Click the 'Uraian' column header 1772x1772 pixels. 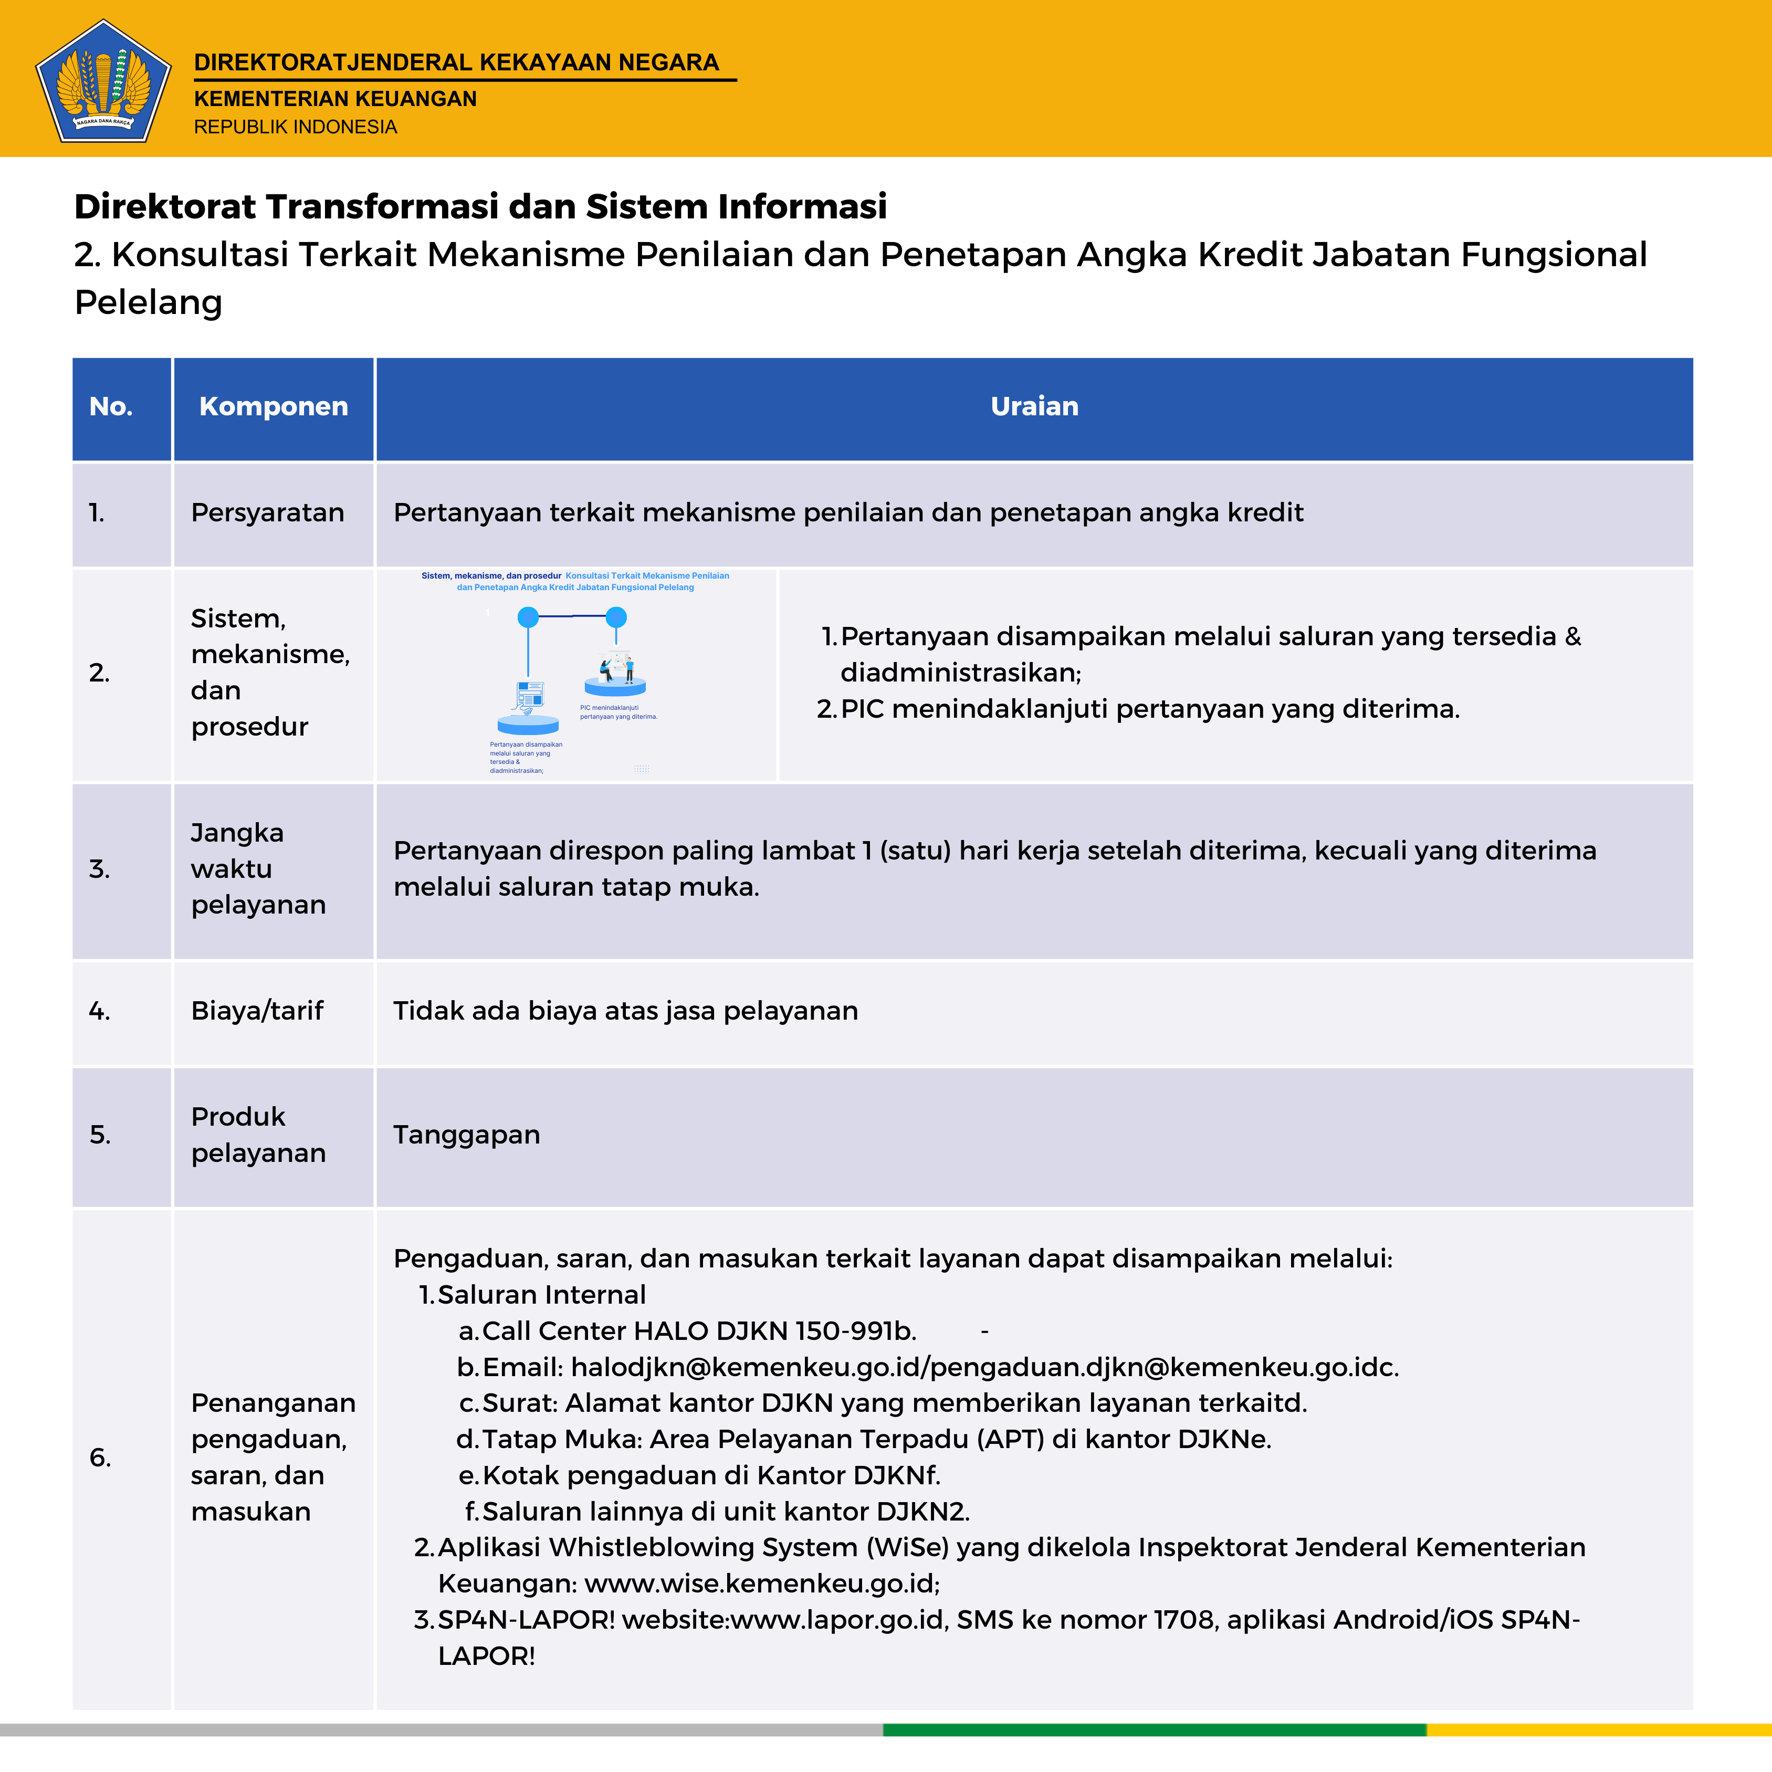pyautogui.click(x=1034, y=406)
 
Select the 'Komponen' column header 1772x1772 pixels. pyautogui.click(x=274, y=406)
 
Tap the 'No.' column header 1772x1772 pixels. pyautogui.click(x=111, y=406)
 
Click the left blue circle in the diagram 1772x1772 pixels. pyautogui.click(x=528, y=617)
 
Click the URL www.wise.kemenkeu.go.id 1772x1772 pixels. pyautogui.click(x=761, y=1584)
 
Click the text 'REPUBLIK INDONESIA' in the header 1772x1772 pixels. pyautogui.click(x=295, y=127)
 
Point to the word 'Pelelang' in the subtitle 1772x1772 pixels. pyautogui.click(x=149, y=302)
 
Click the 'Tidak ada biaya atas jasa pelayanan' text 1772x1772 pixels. pyautogui.click(x=625, y=1011)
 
